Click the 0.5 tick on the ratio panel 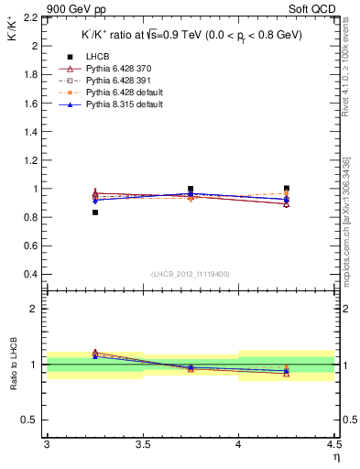[31, 420]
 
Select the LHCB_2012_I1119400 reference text [190, 274]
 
